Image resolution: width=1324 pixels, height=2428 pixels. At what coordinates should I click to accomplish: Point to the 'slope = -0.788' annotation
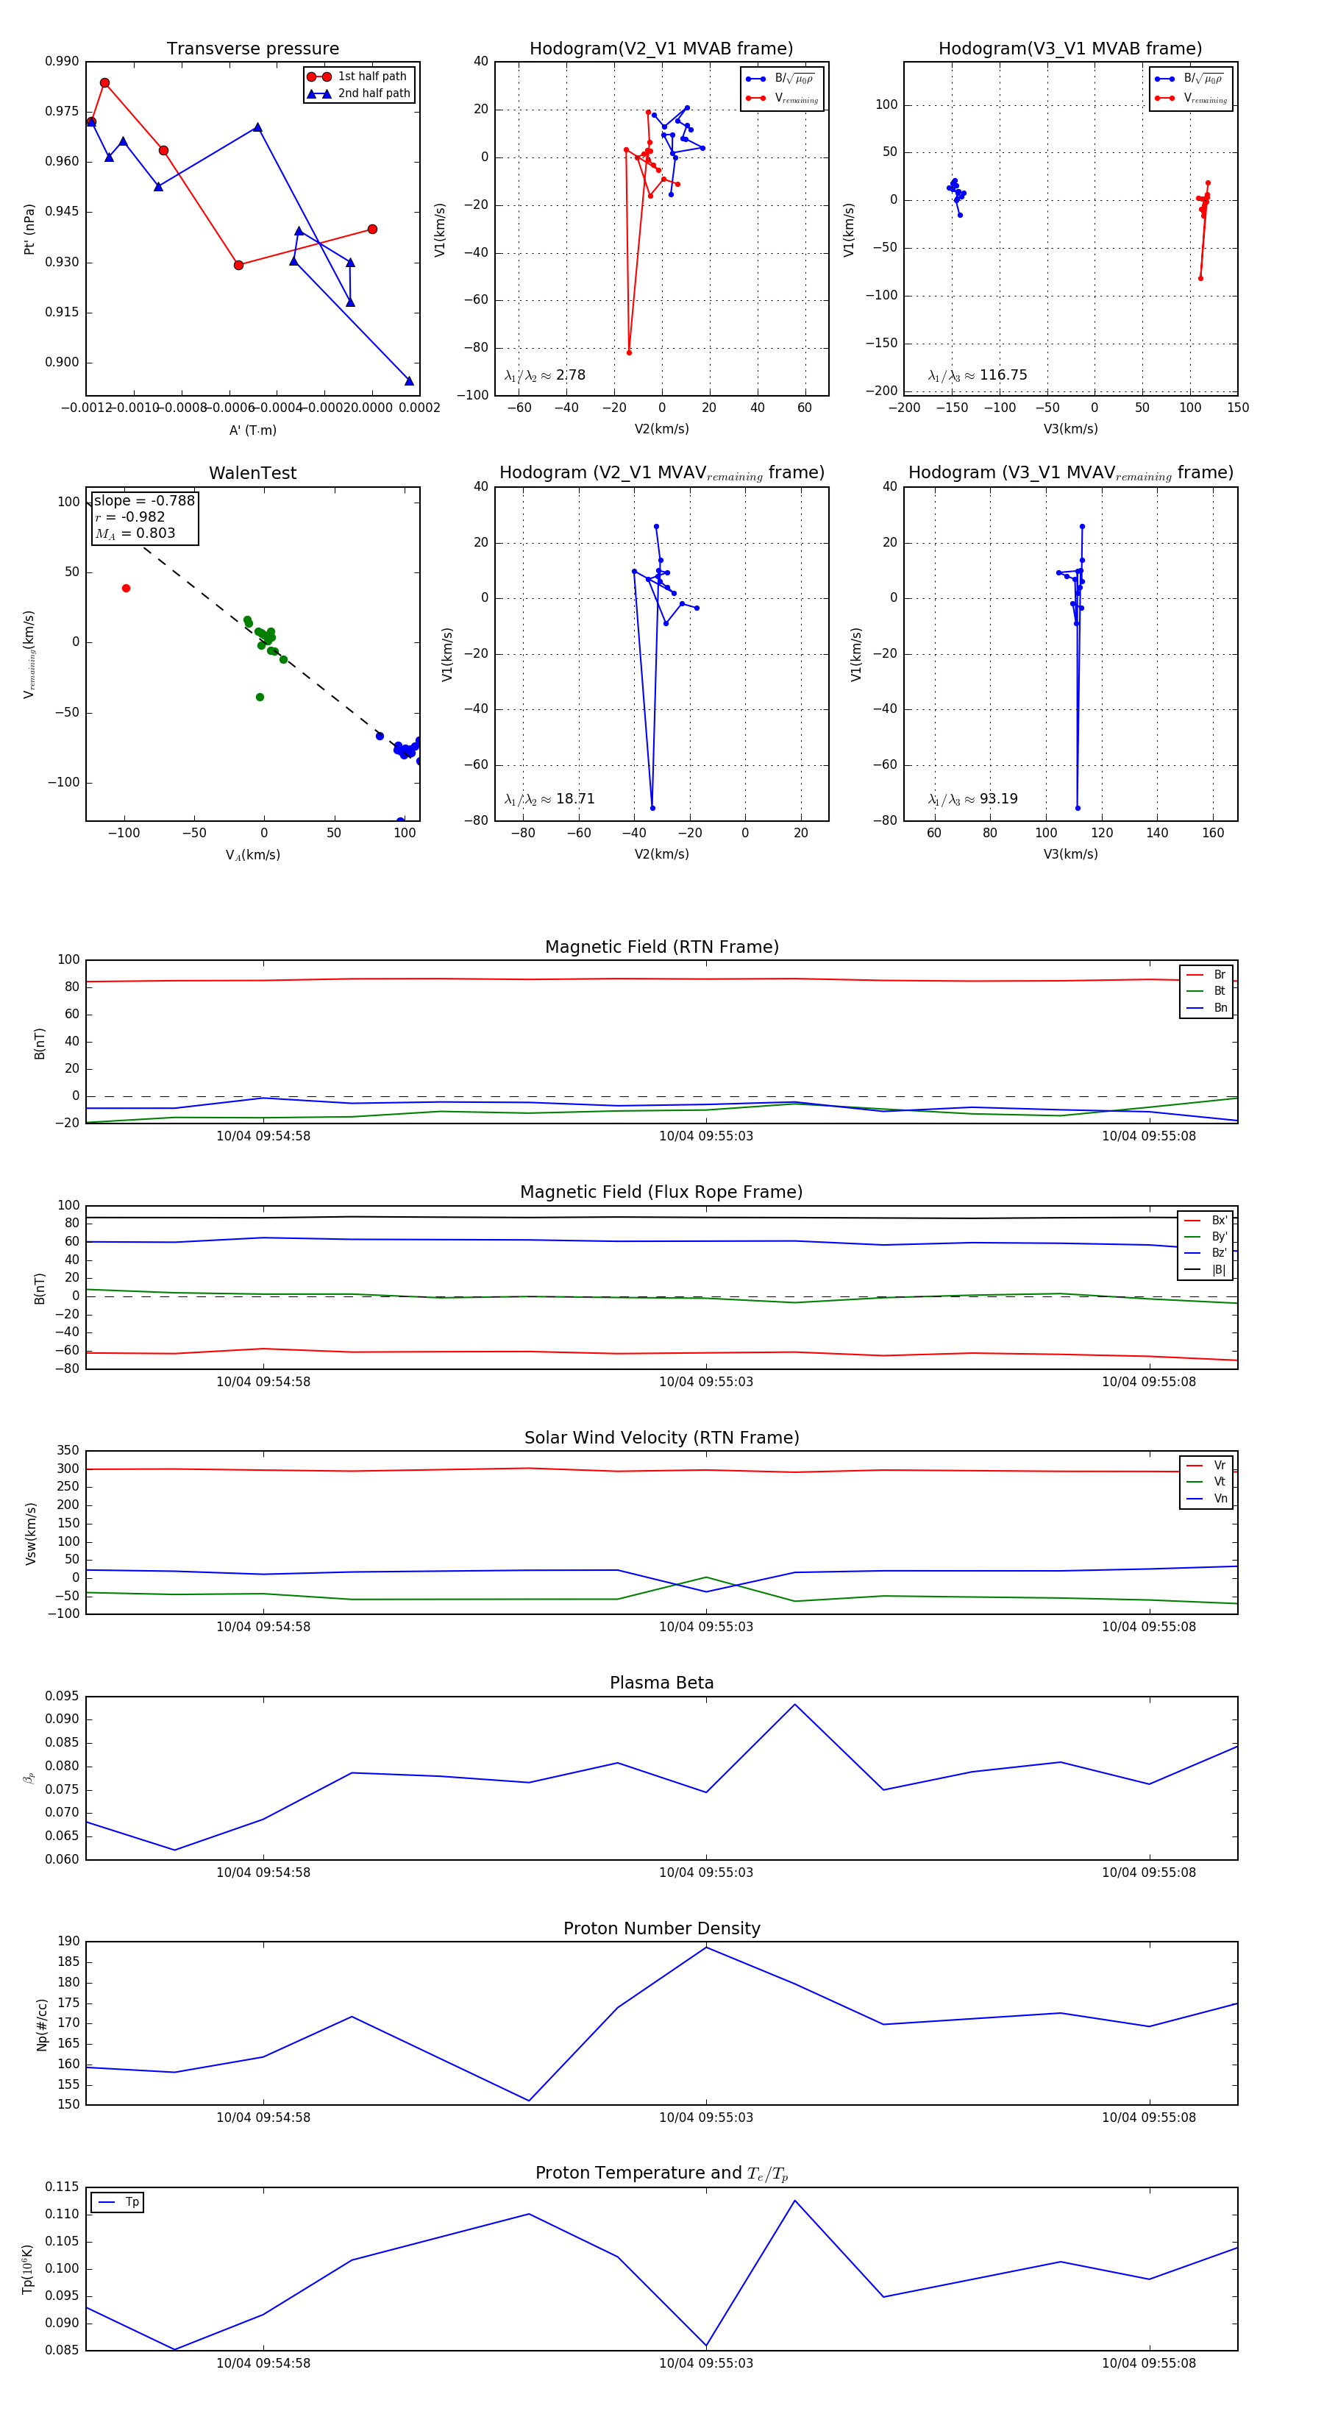click(x=144, y=500)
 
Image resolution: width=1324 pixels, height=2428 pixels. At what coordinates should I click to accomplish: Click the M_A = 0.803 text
click(x=135, y=533)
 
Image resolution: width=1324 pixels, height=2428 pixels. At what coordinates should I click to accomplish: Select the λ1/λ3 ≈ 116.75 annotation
click(x=978, y=375)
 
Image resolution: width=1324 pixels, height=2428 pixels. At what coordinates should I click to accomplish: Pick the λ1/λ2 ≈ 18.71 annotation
click(x=549, y=799)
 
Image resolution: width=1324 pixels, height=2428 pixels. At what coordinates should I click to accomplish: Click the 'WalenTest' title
click(x=252, y=473)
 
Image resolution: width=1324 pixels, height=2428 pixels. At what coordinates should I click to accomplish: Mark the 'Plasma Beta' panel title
click(x=661, y=1683)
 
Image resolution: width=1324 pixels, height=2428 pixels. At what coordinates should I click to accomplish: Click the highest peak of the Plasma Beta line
click(x=794, y=1704)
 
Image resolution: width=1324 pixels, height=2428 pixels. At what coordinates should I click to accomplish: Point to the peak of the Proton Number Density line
click(x=706, y=1948)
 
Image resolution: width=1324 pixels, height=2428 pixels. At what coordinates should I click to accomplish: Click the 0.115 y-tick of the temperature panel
click(x=63, y=2187)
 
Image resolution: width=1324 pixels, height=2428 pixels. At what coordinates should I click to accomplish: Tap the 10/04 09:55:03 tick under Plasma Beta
click(x=706, y=1872)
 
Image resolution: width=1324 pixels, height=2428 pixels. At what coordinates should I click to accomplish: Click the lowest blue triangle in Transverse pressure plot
click(x=409, y=381)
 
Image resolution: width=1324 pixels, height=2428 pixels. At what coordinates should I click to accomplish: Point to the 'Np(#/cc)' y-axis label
click(x=41, y=2025)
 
